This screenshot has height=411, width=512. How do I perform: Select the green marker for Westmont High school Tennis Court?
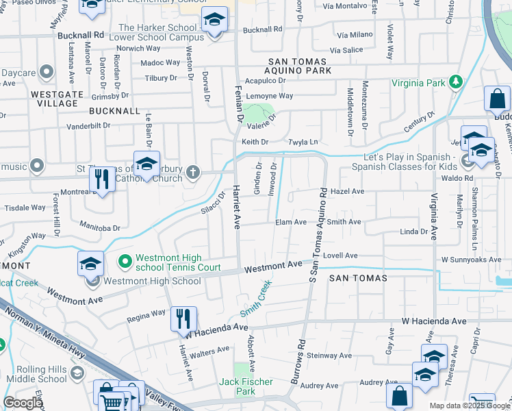pos(125,261)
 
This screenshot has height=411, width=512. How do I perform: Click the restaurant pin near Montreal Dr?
pos(101,180)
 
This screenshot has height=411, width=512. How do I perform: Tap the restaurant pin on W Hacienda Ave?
pos(183,319)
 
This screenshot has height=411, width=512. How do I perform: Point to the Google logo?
pos(23,403)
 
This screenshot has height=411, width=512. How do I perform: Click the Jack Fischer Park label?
pos(246,386)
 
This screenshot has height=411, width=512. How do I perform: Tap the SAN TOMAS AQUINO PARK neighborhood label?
pos(298,71)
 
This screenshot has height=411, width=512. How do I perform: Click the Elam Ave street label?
pos(291,222)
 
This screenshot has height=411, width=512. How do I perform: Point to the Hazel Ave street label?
pos(347,192)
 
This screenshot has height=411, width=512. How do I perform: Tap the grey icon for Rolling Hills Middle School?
pos(77,373)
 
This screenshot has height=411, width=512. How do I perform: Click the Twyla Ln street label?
pos(305,142)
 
